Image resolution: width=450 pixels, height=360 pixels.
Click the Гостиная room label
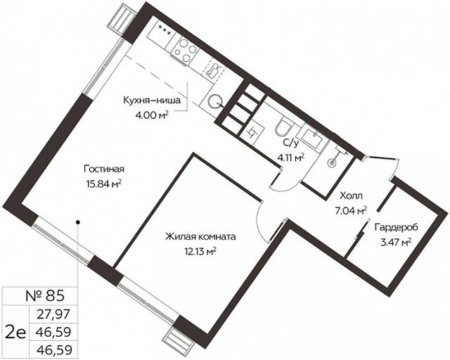click(x=104, y=169)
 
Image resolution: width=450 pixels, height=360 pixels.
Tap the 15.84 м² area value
click(x=103, y=184)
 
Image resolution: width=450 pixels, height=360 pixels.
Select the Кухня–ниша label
click(x=152, y=101)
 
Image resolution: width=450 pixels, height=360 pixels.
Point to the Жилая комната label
click(x=200, y=237)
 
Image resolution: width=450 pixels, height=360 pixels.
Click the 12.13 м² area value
click(x=200, y=252)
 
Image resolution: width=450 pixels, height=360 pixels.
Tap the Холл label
click(x=351, y=196)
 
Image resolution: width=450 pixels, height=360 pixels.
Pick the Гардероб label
click(x=396, y=228)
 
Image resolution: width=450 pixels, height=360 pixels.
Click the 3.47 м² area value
click(x=396, y=243)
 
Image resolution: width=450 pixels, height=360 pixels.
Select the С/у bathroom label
click(x=290, y=143)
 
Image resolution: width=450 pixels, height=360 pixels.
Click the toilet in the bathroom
click(x=283, y=128)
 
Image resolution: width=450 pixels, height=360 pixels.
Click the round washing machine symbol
click(x=214, y=101)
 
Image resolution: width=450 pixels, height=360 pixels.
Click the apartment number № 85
click(x=45, y=296)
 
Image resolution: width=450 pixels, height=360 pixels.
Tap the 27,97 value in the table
click(x=53, y=314)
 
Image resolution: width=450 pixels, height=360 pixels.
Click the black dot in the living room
click(x=78, y=222)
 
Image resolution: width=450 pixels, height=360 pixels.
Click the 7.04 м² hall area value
click(x=351, y=211)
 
